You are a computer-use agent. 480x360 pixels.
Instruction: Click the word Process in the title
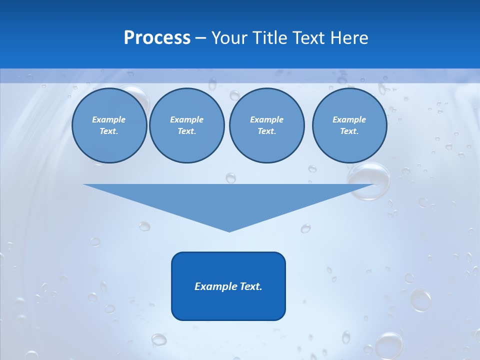point(157,38)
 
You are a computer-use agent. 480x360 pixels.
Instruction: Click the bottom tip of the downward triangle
point(229,231)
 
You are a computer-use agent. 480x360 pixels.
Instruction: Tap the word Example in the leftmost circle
point(109,120)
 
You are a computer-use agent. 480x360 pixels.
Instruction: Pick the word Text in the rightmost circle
point(349,131)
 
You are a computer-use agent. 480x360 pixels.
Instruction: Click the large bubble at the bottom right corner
point(389,345)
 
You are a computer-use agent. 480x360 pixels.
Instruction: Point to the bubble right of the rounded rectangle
point(420,299)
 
